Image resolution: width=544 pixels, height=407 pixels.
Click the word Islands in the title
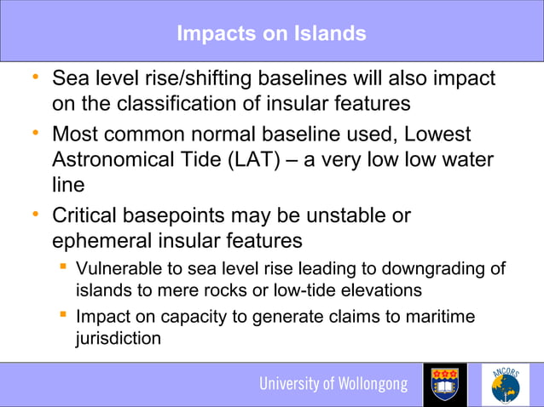click(329, 33)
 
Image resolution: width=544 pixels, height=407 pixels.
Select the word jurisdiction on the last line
click(118, 338)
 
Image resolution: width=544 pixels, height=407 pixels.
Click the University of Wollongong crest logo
click(445, 385)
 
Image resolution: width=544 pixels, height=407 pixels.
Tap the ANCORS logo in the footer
click(506, 385)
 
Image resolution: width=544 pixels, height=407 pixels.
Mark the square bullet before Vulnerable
click(62, 269)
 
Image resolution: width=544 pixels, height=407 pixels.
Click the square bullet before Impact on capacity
click(62, 318)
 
